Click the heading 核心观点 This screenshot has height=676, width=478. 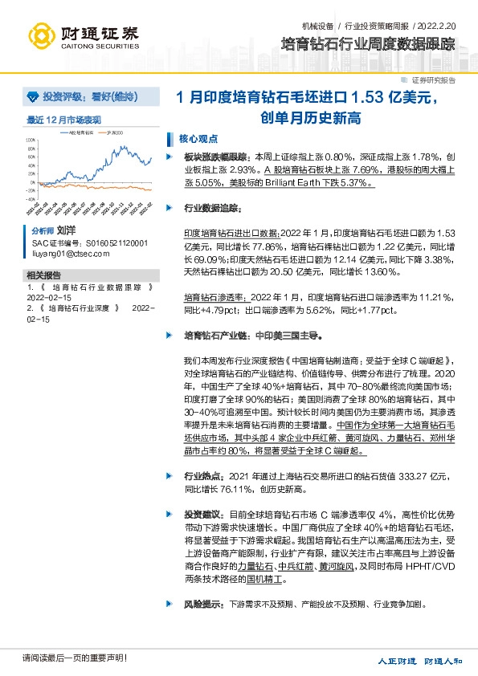[x=198, y=137]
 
